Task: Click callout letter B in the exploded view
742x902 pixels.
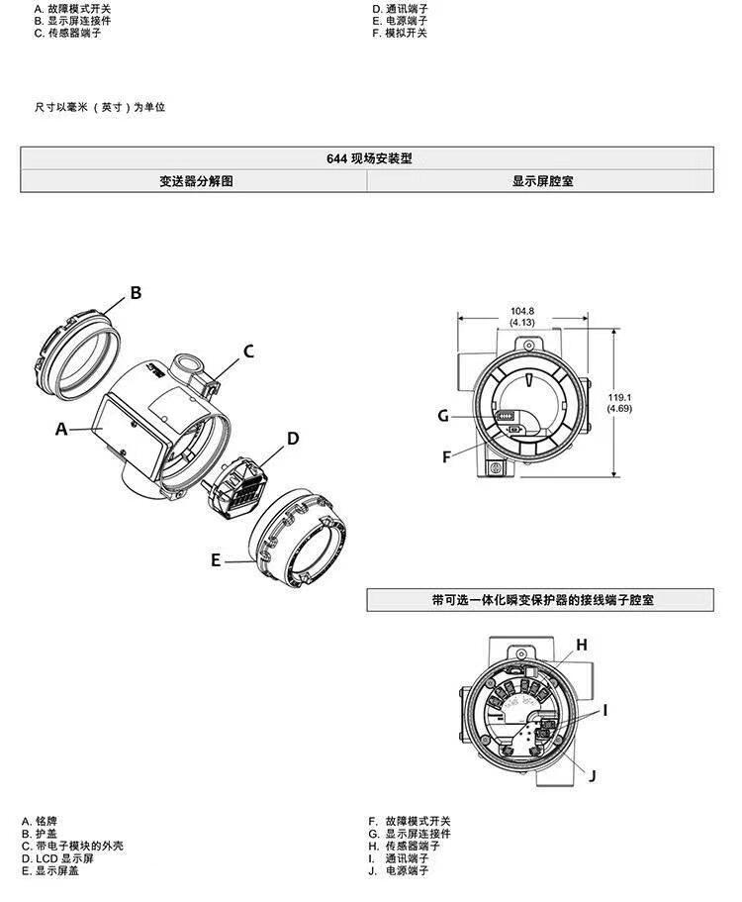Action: click(136, 293)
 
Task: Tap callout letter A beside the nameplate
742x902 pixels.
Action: click(61, 429)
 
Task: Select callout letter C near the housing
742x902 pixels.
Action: click(249, 351)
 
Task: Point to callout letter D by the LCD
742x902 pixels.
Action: click(293, 439)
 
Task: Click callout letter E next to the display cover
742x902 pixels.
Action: click(216, 560)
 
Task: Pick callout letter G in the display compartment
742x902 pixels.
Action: click(443, 416)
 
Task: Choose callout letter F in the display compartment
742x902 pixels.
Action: click(446, 457)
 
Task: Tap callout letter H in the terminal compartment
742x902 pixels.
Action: click(582, 645)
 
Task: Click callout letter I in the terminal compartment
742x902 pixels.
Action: click(605, 711)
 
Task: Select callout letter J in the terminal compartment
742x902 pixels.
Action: click(592, 776)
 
